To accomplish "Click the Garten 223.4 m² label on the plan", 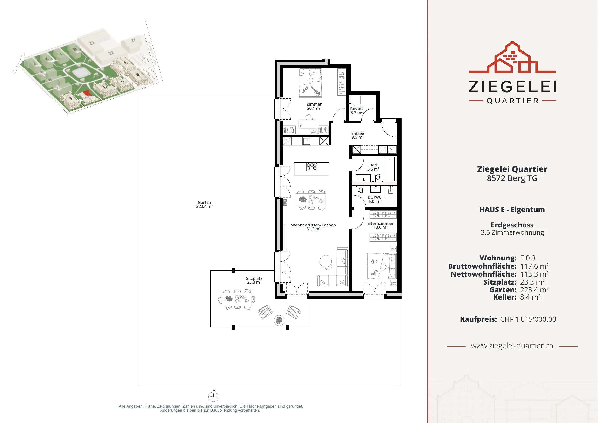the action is pyautogui.click(x=204, y=204).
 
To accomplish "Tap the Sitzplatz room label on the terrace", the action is pyautogui.click(x=254, y=280).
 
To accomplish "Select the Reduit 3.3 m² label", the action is pyautogui.click(x=356, y=110).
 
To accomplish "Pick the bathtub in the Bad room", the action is pyautogui.click(x=390, y=169).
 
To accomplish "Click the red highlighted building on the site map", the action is pyautogui.click(x=87, y=93).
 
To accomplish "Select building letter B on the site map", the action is pyautogui.click(x=138, y=75).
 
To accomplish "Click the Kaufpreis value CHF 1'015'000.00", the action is pyautogui.click(x=528, y=319).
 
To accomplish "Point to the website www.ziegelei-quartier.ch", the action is pyautogui.click(x=512, y=346).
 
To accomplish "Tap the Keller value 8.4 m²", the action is pyautogui.click(x=530, y=297).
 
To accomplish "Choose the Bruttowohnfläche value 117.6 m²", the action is pyautogui.click(x=534, y=266).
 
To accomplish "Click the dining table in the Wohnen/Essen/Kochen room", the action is pyautogui.click(x=311, y=200).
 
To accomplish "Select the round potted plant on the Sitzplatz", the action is pyautogui.click(x=279, y=320).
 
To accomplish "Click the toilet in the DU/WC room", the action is pyautogui.click(x=361, y=190).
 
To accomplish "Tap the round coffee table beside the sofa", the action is pyautogui.click(x=326, y=261).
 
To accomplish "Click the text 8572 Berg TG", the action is pyautogui.click(x=512, y=178).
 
